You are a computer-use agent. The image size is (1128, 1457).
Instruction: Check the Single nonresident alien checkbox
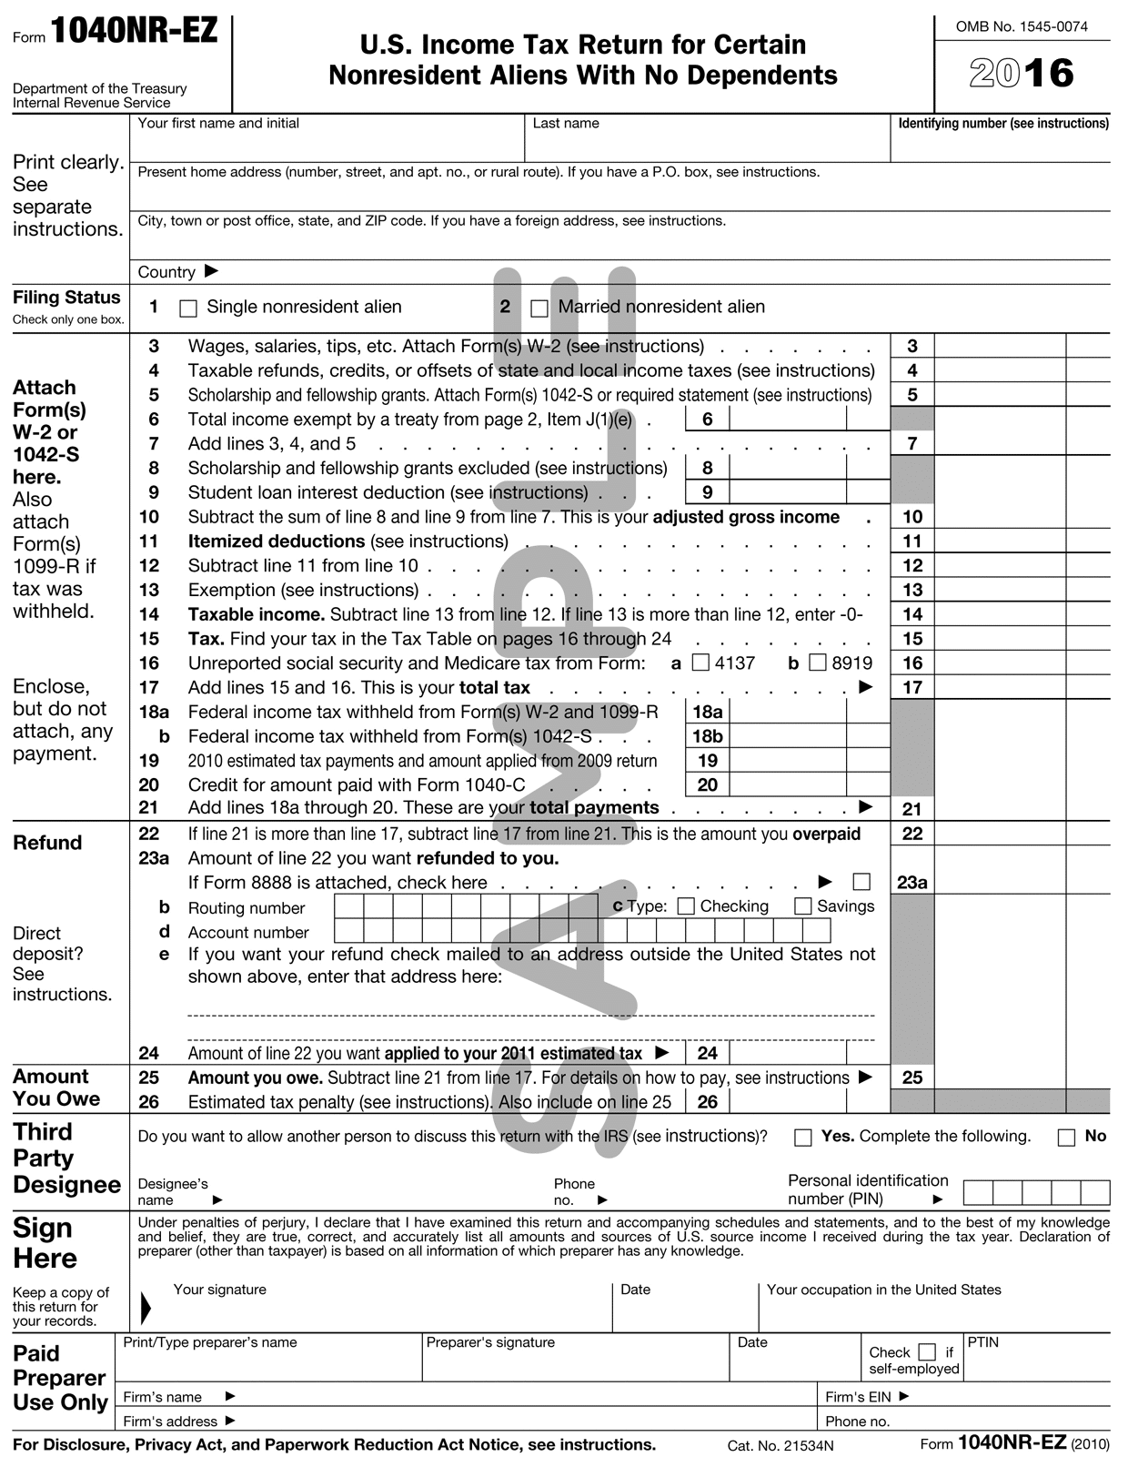click(x=188, y=309)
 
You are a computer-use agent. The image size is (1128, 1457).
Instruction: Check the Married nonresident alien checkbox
click(x=539, y=309)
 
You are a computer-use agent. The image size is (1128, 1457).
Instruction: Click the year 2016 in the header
click(x=1022, y=73)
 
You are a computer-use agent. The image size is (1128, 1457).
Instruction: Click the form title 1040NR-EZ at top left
click(x=134, y=32)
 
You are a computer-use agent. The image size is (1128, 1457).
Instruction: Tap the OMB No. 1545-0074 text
click(x=1022, y=26)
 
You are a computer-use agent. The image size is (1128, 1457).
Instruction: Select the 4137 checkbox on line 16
click(x=700, y=663)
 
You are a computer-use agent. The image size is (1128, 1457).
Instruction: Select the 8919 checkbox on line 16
click(x=818, y=663)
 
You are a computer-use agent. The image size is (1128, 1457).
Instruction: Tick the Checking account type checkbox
click(x=687, y=906)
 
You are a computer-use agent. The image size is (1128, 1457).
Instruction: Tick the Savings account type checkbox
click(x=802, y=906)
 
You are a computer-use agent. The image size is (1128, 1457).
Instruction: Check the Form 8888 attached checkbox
click(x=861, y=882)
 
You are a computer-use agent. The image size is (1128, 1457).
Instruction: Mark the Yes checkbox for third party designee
click(x=802, y=1138)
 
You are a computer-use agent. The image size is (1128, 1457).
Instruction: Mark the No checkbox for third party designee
click(x=1066, y=1138)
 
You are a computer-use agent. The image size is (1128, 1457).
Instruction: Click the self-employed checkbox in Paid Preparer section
click(x=927, y=1351)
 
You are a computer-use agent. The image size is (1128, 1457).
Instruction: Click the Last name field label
click(x=566, y=124)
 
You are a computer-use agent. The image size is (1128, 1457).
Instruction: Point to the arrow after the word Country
click(x=211, y=271)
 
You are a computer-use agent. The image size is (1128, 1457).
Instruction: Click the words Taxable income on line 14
click(x=256, y=614)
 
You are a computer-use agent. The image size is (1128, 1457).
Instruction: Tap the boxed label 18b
click(x=707, y=736)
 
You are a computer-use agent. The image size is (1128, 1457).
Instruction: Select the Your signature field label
click(x=219, y=1290)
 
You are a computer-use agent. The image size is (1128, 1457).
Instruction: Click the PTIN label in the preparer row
click(x=982, y=1342)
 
